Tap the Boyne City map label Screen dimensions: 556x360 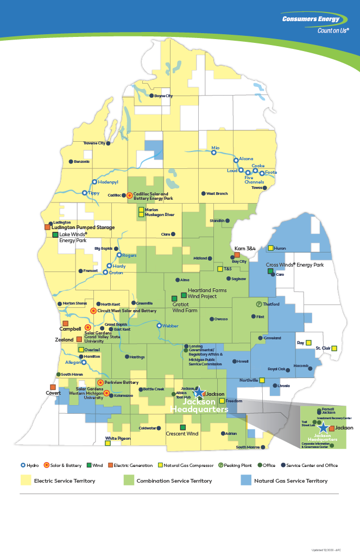tap(163, 96)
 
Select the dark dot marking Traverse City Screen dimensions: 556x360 tap(108, 143)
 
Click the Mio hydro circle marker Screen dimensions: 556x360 tap(214, 153)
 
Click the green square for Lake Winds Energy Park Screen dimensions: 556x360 tap(55, 235)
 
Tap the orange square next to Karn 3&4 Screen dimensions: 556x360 tap(237, 255)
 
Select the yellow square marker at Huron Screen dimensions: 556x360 tap(270, 248)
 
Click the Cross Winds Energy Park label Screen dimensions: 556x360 tap(294, 265)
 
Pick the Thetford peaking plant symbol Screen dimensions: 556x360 tap(259, 304)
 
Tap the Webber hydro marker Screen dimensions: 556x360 tap(159, 326)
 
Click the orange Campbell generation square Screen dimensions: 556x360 tap(65, 324)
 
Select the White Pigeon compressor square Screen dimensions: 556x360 tap(108, 444)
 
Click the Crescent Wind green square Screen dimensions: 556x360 tap(183, 427)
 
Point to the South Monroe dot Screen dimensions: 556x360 tap(263, 447)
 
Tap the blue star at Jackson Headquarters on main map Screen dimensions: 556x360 tap(199, 392)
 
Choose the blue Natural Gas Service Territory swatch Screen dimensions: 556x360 tap(246, 480)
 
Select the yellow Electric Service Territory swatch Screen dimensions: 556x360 tap(26, 480)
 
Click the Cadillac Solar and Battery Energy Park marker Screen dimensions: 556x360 tap(129, 195)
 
